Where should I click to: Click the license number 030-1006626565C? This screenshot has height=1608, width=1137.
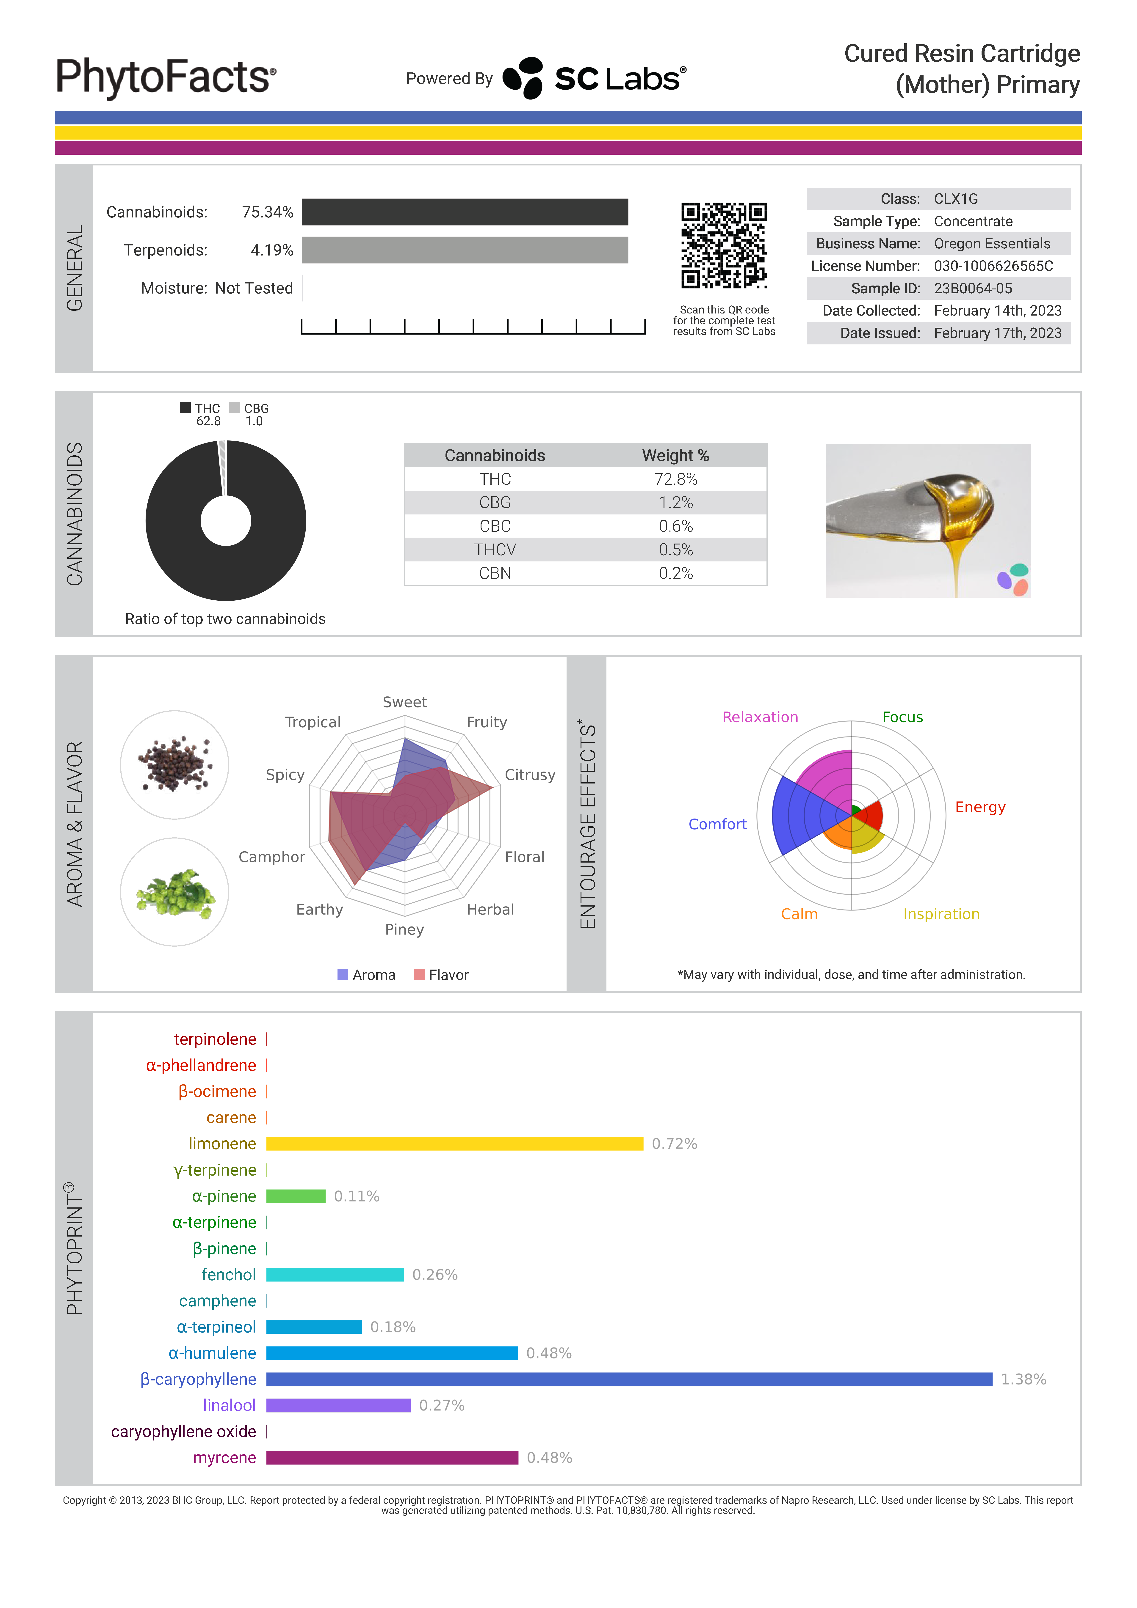[x=993, y=266]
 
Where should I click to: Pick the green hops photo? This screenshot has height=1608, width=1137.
[x=174, y=892]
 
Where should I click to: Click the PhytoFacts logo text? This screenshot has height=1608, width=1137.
[x=165, y=77]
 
